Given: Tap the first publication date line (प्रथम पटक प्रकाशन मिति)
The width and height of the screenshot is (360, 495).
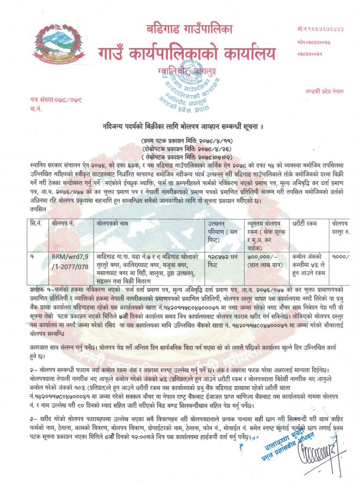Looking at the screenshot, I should pos(179,140).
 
